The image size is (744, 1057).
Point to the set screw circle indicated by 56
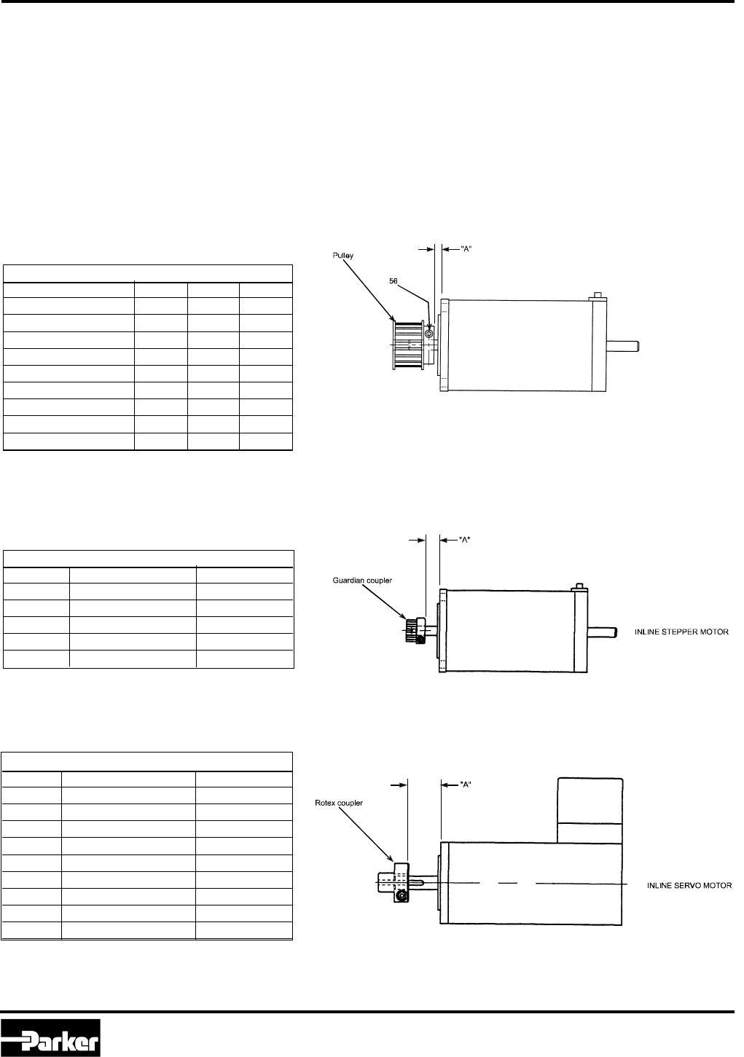tap(429, 334)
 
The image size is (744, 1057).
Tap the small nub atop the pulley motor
tap(599, 295)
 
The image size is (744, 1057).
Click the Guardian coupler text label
tap(359, 580)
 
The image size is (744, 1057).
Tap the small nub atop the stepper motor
tap(580, 586)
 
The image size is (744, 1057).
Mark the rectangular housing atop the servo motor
tap(590, 809)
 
